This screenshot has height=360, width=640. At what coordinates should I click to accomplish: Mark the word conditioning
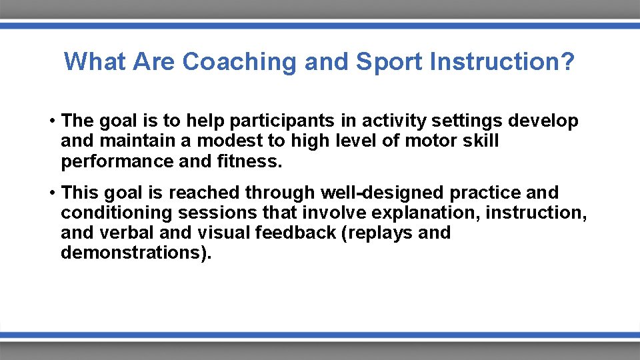coord(110,213)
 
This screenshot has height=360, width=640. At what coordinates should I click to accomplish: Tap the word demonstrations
coord(131,253)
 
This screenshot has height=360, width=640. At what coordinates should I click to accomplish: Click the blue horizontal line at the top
coord(320,25)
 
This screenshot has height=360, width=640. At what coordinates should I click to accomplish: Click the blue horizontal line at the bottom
coord(320,335)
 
